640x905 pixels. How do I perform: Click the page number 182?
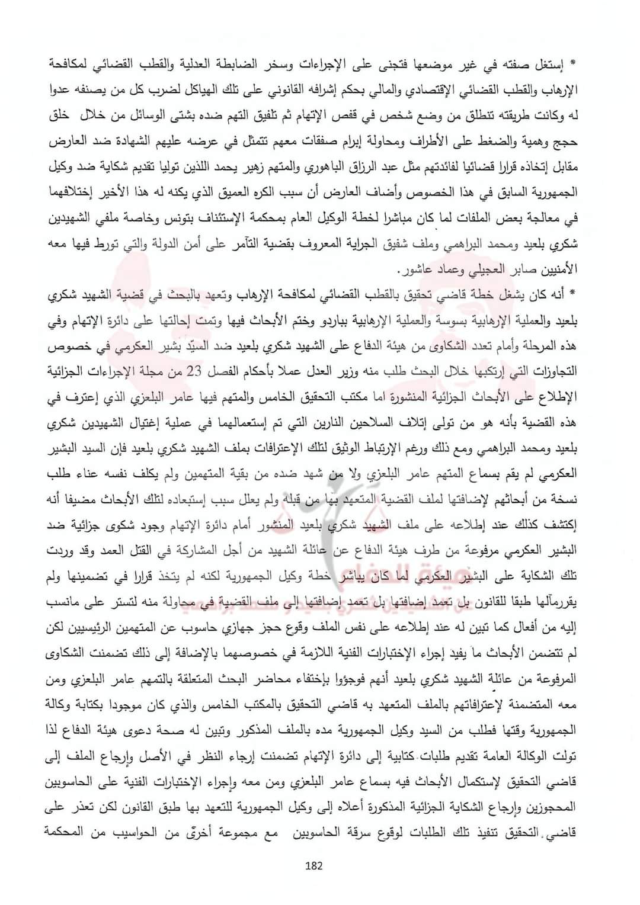pyautogui.click(x=314, y=866)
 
